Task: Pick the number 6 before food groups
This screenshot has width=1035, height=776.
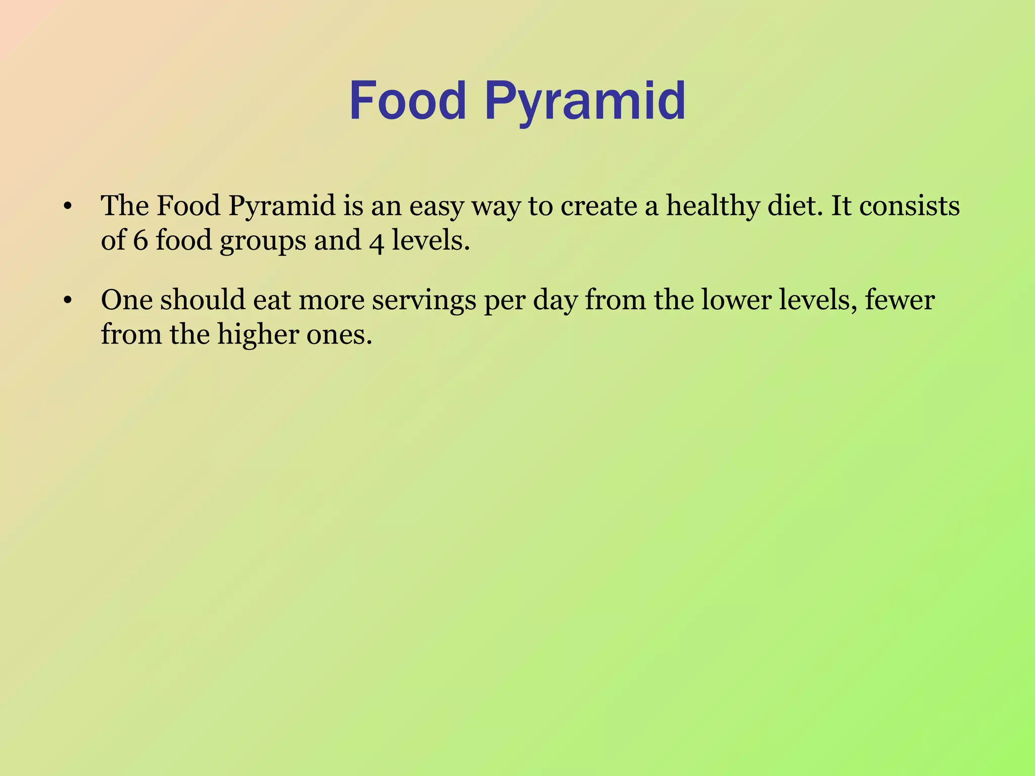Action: (x=140, y=240)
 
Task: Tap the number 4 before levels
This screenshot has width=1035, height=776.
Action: (x=377, y=242)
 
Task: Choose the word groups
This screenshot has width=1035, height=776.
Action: (x=262, y=242)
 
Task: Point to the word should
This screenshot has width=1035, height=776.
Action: (x=202, y=300)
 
